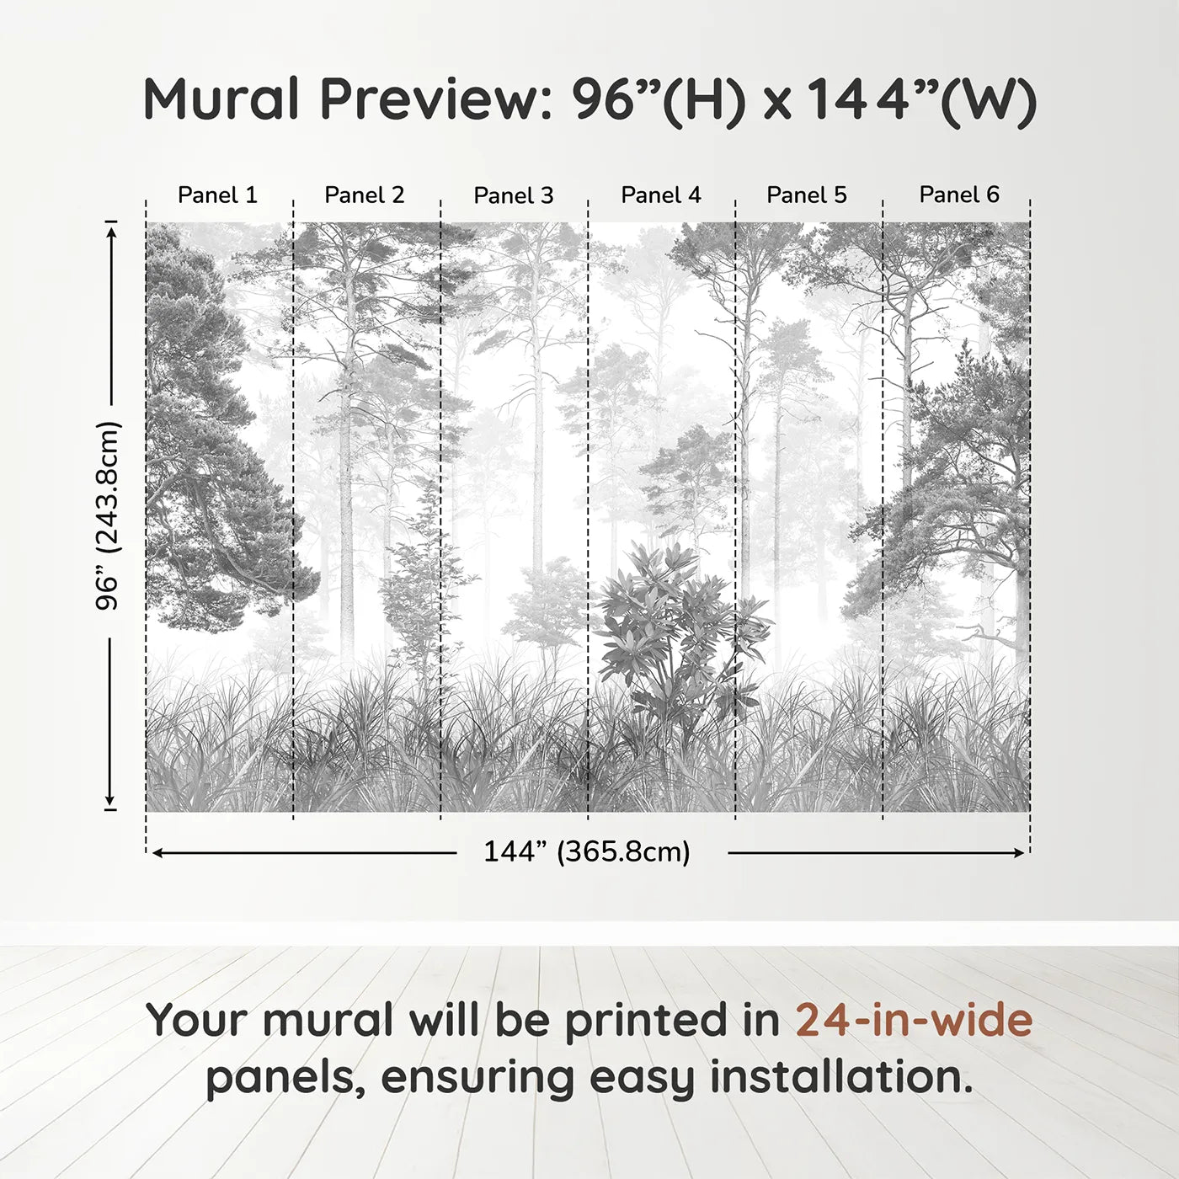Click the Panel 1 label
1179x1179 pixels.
tap(217, 195)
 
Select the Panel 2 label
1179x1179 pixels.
tap(365, 195)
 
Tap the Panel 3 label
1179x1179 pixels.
tap(514, 195)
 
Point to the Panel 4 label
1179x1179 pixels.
tap(661, 195)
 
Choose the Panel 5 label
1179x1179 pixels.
tap(807, 195)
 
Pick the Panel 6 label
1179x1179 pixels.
tap(959, 195)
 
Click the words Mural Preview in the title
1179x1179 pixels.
tap(346, 99)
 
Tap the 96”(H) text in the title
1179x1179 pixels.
tap(659, 99)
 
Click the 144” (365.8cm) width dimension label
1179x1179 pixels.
tap(587, 852)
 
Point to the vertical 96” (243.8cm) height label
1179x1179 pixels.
tap(108, 515)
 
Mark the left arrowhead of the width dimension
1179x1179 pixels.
tap(157, 853)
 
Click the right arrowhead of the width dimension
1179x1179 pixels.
tap(1020, 853)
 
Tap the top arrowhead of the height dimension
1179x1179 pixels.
tap(110, 228)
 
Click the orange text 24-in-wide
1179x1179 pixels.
tap(914, 1021)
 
